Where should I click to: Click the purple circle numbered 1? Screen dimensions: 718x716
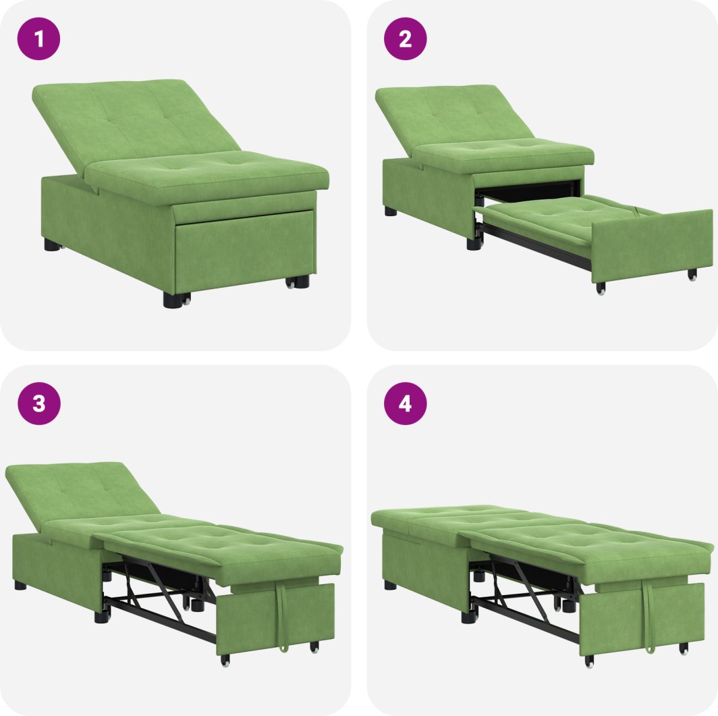coord(39,39)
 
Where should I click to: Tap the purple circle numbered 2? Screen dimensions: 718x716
coord(406,39)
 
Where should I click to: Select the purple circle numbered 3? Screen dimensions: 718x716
coord(39,403)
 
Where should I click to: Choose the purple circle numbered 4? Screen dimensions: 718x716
coord(406,403)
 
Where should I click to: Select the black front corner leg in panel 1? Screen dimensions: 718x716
coord(173,300)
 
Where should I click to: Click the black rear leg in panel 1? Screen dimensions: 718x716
coord(52,245)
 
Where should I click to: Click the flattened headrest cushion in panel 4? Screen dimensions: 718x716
coord(449,517)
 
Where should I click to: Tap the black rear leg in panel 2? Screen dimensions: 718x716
coord(391,211)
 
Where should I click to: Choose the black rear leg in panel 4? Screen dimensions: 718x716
coord(391,585)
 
